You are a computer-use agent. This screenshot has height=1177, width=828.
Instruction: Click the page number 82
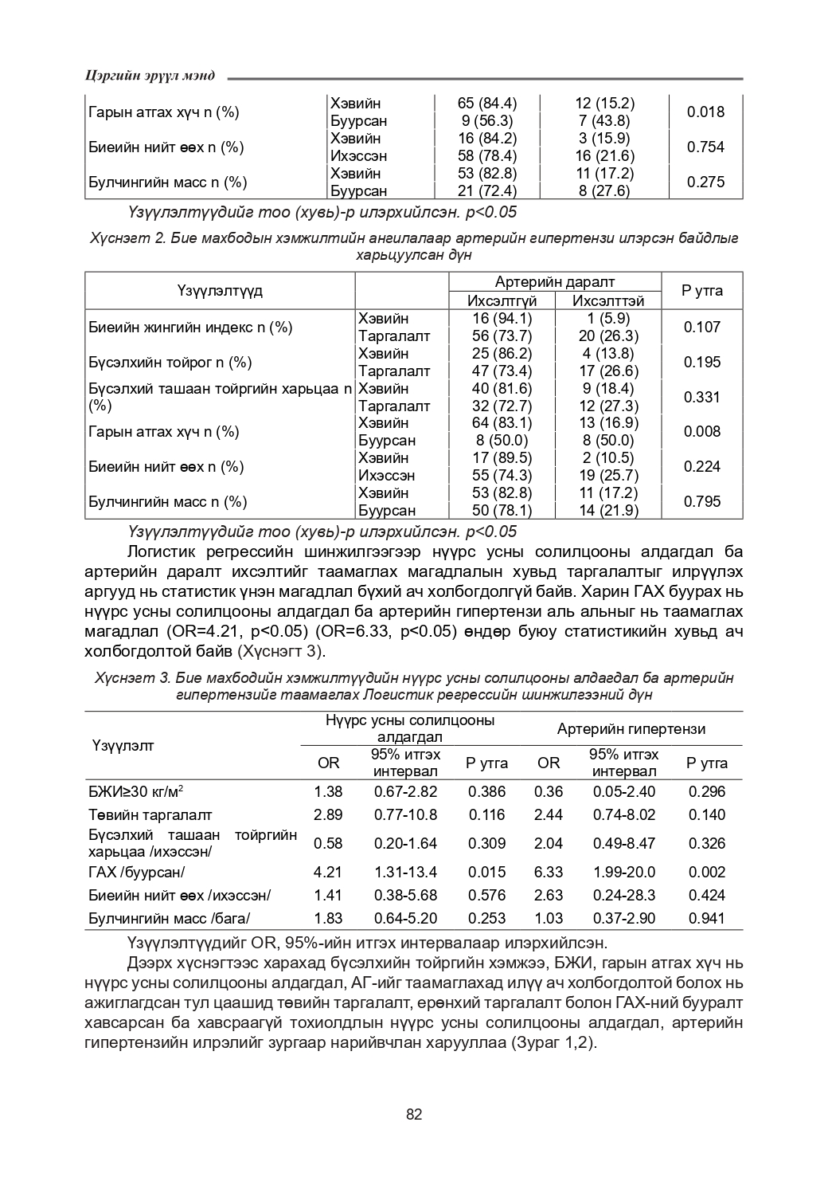[x=414, y=1114]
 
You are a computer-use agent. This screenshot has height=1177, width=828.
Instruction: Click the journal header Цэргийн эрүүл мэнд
[x=150, y=76]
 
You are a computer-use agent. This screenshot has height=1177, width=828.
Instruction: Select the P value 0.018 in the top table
[x=705, y=112]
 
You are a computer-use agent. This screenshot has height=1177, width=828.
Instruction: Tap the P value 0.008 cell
[x=702, y=431]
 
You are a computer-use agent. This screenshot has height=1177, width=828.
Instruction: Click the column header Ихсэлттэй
[x=608, y=300]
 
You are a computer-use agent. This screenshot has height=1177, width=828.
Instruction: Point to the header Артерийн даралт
[x=555, y=282]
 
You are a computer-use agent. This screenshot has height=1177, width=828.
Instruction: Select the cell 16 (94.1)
[x=502, y=318]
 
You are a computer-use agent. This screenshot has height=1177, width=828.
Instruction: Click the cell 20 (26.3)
[x=608, y=335]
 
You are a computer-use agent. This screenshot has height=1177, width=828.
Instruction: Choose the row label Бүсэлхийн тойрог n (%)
[x=170, y=362]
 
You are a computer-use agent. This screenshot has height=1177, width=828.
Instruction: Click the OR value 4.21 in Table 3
[x=328, y=873]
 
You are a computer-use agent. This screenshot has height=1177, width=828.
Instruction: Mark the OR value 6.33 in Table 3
[x=549, y=873]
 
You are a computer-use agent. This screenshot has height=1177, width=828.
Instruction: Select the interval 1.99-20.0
[x=624, y=873]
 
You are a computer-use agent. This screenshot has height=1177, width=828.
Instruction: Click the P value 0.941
[x=707, y=918]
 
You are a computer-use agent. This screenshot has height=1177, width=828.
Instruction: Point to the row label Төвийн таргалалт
[x=150, y=814]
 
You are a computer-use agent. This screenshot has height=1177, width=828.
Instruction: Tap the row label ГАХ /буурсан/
[x=136, y=873]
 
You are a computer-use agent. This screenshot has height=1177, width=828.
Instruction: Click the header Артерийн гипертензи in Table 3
[x=631, y=728]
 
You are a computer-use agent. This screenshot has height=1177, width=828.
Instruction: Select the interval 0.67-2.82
[x=406, y=791]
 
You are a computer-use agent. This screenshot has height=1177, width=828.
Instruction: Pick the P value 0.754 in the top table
[x=705, y=147]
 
